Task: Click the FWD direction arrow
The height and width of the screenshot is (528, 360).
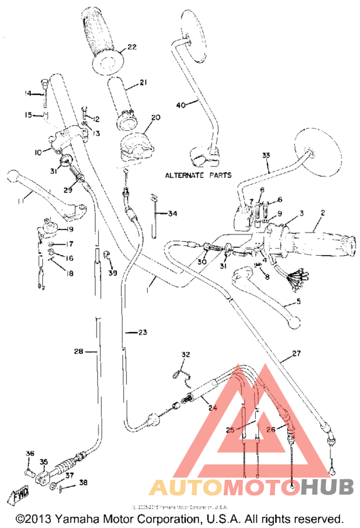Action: pos(17,497)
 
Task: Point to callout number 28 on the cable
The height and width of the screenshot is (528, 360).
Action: pos(78,351)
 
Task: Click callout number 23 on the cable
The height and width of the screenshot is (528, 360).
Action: pos(142,332)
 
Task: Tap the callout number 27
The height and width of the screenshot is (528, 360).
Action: pos(296,353)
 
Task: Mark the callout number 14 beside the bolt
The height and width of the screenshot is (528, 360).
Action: pos(28,94)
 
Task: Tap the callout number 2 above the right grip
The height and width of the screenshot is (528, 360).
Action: pos(323,213)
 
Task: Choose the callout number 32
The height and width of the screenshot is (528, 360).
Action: pos(186,355)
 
